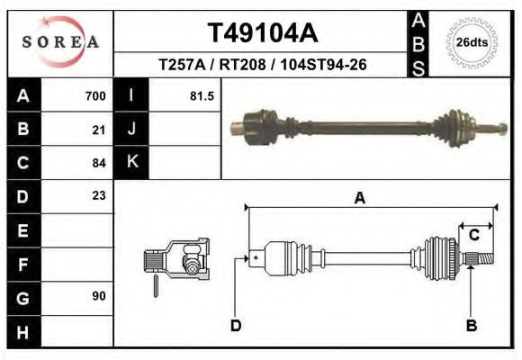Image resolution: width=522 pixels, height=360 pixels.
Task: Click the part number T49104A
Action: click(x=263, y=33)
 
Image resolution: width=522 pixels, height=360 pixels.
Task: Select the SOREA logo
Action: click(x=60, y=42)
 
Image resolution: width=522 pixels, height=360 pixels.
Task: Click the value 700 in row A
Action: click(x=94, y=96)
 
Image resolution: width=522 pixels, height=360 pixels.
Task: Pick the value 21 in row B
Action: click(x=99, y=130)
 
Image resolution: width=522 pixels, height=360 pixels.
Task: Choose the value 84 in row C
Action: click(x=99, y=163)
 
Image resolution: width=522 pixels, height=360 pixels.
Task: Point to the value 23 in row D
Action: click(x=99, y=195)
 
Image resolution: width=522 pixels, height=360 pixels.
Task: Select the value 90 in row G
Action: click(x=99, y=296)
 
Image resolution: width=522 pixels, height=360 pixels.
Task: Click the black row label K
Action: click(x=131, y=163)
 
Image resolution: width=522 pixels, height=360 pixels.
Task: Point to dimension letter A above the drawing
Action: click(x=359, y=199)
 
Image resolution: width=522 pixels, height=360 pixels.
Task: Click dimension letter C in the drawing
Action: click(x=472, y=236)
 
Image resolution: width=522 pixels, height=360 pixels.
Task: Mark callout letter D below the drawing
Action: click(x=236, y=326)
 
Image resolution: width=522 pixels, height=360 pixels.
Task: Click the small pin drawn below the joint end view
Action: click(x=157, y=285)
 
